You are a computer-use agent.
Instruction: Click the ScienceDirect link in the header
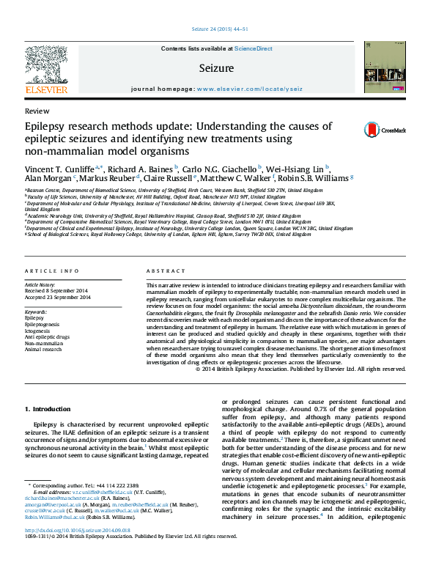[x=254, y=48]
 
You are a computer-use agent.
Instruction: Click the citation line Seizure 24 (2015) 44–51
[x=218, y=29]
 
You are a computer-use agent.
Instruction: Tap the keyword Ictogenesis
[x=38, y=330]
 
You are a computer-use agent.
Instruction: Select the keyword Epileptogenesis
[x=42, y=323]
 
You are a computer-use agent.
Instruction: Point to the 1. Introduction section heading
[x=48, y=408]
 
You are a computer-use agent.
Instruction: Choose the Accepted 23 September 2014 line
[x=58, y=298]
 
